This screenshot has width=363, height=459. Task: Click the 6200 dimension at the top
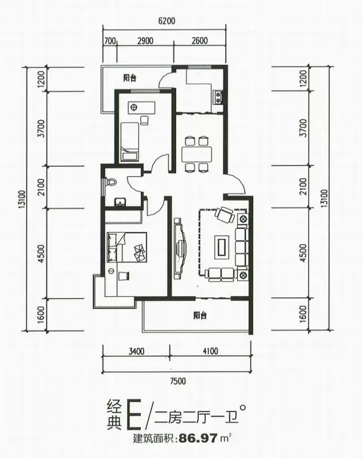point(166,21)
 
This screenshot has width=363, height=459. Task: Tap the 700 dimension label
point(110,40)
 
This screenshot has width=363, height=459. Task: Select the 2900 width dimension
point(145,40)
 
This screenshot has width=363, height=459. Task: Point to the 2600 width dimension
point(200,40)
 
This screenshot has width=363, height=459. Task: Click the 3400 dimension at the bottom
point(136,351)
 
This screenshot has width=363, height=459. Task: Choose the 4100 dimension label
point(210,351)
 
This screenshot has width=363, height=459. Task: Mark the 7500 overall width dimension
point(178,381)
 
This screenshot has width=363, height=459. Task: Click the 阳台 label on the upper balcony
point(129,78)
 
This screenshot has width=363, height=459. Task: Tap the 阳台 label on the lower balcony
point(200,316)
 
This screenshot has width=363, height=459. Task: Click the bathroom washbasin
point(120,202)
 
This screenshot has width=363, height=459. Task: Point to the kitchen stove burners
point(218,98)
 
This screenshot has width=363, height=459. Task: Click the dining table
point(196,154)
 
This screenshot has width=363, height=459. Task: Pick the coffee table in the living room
point(222,247)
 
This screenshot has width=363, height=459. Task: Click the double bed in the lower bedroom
point(126,247)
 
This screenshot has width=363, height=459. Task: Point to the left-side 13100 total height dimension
point(22,203)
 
